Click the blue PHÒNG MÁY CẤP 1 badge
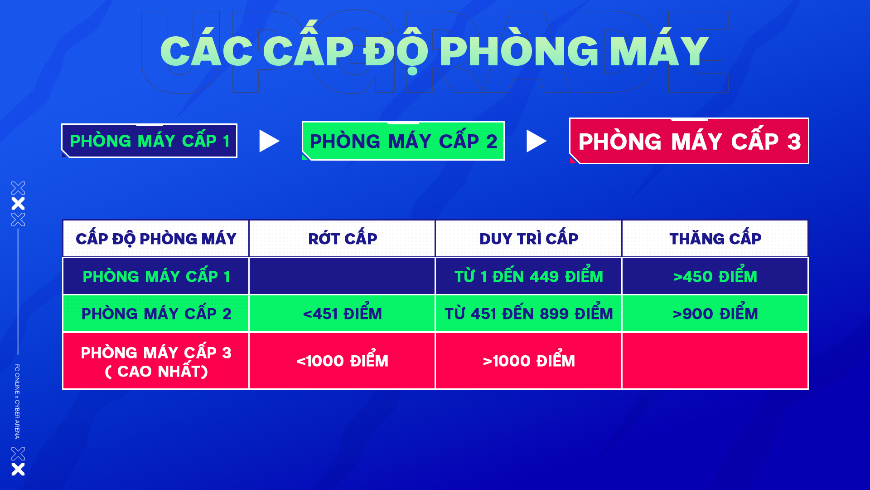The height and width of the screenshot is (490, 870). click(x=150, y=141)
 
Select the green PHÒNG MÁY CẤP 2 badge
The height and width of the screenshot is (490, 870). click(x=403, y=141)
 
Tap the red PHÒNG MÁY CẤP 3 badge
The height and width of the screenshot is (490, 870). click(x=689, y=141)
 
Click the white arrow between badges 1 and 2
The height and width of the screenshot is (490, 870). click(x=269, y=141)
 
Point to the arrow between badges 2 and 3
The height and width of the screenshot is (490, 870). click(x=536, y=141)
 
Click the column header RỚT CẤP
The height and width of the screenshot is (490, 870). click(x=343, y=239)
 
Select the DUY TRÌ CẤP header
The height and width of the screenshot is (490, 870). click(x=529, y=239)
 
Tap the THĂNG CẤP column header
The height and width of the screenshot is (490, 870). click(x=715, y=239)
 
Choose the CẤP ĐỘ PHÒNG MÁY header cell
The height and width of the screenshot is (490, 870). click(x=156, y=239)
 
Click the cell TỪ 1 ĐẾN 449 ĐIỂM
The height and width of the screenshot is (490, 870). click(x=529, y=276)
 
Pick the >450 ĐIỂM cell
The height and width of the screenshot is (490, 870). click(x=715, y=276)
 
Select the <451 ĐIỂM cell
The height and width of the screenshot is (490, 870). click(x=343, y=314)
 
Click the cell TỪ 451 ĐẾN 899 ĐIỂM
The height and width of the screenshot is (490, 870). click(x=529, y=314)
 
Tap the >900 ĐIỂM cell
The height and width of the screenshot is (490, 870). click(x=715, y=314)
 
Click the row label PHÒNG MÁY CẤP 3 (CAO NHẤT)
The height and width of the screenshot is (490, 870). click(x=156, y=361)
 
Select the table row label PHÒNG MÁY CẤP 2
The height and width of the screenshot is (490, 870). click(x=156, y=314)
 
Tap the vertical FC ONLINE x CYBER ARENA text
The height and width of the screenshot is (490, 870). click(x=17, y=402)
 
